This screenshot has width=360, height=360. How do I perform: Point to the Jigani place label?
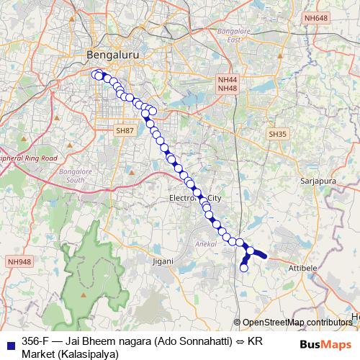coord(163,260)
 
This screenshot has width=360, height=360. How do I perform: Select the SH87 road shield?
coord(125,131)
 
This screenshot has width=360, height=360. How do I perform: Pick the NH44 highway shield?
coord(226,78)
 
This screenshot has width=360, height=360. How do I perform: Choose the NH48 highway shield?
coord(226,88)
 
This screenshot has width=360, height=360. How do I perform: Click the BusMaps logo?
coord(326,344)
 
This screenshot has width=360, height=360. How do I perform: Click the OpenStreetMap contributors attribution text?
coord(297,323)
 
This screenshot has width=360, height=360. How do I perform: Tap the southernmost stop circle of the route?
coord(243,268)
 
